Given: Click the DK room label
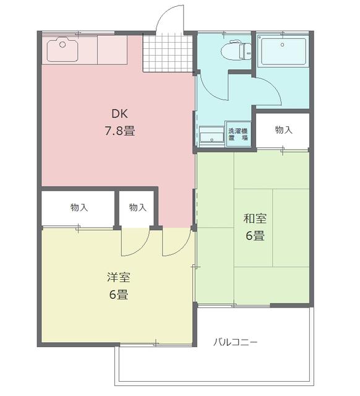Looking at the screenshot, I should (120, 114).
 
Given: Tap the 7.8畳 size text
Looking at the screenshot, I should (120, 131).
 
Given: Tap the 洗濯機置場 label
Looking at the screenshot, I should (238, 134).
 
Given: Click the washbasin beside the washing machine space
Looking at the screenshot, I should (211, 135).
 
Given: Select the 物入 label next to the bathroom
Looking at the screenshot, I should (283, 130).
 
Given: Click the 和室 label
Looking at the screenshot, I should (254, 218).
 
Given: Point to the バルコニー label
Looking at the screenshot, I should (235, 342).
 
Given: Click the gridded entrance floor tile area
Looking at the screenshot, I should (168, 53).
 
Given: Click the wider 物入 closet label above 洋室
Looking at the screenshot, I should (79, 208).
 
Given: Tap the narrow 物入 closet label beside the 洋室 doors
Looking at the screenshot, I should (137, 208).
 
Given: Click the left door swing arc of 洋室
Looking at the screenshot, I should (135, 243).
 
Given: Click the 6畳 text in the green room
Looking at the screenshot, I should (254, 235).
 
